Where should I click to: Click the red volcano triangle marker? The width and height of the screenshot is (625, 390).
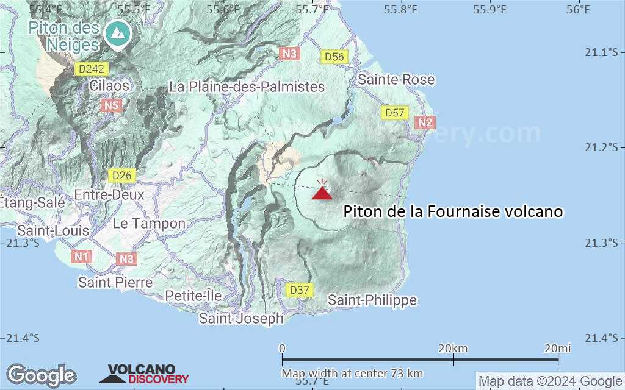pyautogui.click(x=322, y=193)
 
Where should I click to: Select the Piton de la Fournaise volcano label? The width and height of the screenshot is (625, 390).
pyautogui.click(x=453, y=211)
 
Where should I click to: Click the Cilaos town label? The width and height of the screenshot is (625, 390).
pyautogui.click(x=109, y=85)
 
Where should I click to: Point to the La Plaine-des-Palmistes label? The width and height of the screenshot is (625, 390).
pyautogui.click(x=247, y=87)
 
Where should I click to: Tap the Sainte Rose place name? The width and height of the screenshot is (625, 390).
pyautogui.click(x=396, y=79)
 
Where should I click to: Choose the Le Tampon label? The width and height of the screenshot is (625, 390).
pyautogui.click(x=149, y=223)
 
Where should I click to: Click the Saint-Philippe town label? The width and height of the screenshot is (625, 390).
pyautogui.click(x=372, y=300)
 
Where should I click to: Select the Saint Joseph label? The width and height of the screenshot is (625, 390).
pyautogui.click(x=242, y=318)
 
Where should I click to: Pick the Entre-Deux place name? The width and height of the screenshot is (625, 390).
pyautogui.click(x=109, y=195)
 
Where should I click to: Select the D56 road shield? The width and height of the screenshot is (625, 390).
pyautogui.click(x=334, y=57)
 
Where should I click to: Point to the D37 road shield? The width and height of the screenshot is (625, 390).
pyautogui.click(x=300, y=290)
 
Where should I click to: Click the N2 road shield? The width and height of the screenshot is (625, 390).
pyautogui.click(x=425, y=123)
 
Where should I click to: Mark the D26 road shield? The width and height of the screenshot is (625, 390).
pyautogui.click(x=121, y=175)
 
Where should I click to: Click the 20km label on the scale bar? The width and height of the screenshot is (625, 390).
pyautogui.click(x=453, y=348)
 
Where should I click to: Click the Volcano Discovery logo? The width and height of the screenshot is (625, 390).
pyautogui.click(x=144, y=374)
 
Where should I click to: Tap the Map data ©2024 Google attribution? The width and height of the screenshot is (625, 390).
pyautogui.click(x=550, y=381)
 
